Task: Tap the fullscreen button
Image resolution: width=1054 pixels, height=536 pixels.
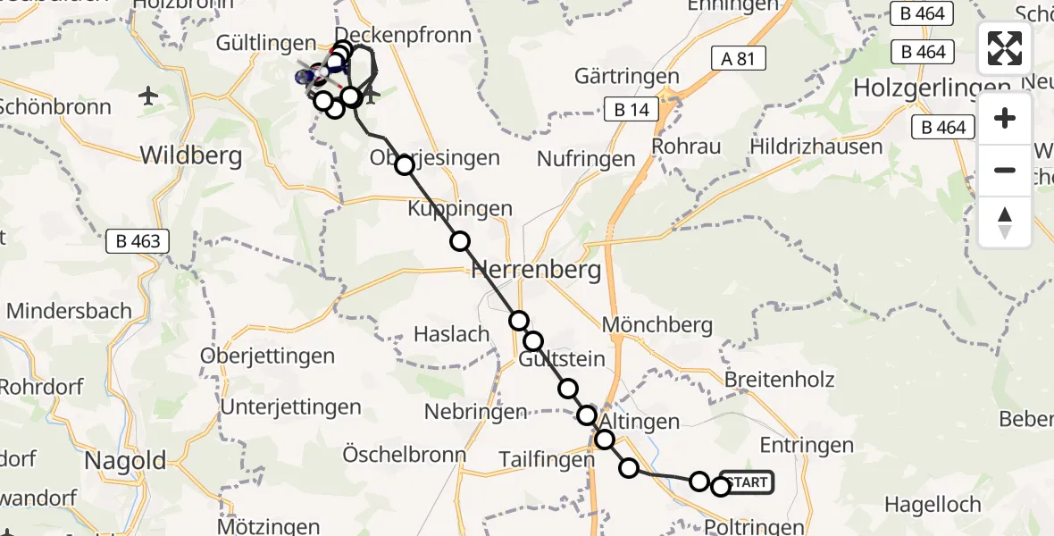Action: (x=1005, y=48)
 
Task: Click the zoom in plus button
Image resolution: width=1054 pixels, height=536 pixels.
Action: (x=1005, y=118)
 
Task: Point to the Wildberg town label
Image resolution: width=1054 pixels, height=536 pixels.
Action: (x=191, y=156)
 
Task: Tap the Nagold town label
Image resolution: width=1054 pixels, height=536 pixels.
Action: (x=125, y=461)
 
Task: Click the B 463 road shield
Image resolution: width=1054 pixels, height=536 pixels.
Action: (x=138, y=240)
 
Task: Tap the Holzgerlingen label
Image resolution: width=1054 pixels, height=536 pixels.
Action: (x=933, y=88)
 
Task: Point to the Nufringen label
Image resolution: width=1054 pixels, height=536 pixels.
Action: (x=586, y=159)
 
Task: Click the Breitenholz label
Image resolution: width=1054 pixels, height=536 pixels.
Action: (x=780, y=380)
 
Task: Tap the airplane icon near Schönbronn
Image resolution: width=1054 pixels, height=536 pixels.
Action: (x=149, y=96)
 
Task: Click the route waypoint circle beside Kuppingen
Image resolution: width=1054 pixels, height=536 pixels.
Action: (x=460, y=241)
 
